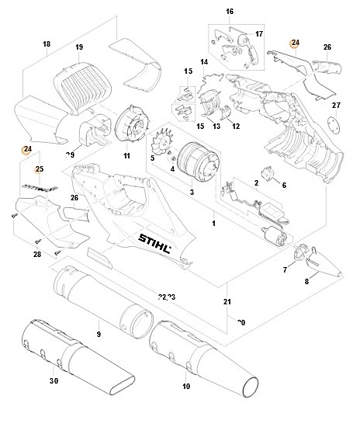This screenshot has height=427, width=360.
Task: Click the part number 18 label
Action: (x=47, y=45)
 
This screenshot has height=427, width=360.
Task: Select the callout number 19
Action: (x=79, y=48)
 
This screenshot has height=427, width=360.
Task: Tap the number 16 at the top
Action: (x=229, y=12)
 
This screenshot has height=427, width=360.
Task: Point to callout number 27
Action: (x=336, y=106)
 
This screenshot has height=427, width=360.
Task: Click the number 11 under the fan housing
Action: (x=126, y=156)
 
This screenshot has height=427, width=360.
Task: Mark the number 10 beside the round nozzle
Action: (x=185, y=386)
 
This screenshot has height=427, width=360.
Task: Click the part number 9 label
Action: (x=98, y=335)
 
